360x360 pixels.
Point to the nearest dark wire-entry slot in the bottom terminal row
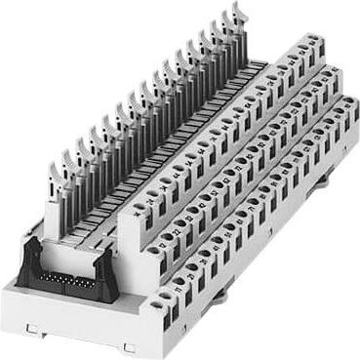(169, 304)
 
